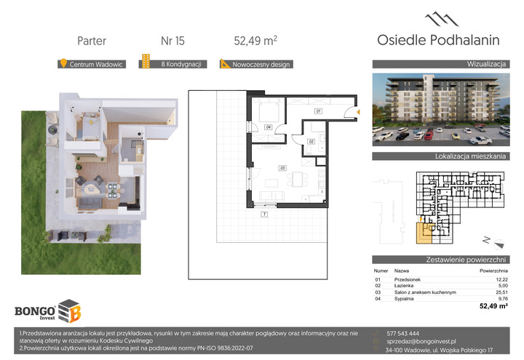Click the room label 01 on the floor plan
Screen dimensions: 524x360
pyautogui.click(x=319, y=111)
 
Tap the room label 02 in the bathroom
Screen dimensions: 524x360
pyautogui.click(x=311, y=142)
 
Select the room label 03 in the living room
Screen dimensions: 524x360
pyautogui.click(x=282, y=168)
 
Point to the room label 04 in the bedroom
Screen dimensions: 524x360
pyautogui.click(x=268, y=127)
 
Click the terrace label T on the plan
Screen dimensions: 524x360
pyautogui.click(x=264, y=215)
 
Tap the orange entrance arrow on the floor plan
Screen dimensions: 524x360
pyautogui.click(x=358, y=112)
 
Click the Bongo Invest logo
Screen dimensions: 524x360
pyautogui.click(x=48, y=311)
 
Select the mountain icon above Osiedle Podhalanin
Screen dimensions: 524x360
pyautogui.click(x=442, y=20)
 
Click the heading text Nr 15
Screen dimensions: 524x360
pyautogui.click(x=172, y=41)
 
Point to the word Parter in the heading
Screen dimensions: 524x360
pyautogui.click(x=92, y=41)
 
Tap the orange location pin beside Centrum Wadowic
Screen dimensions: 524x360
pyautogui.click(x=63, y=63)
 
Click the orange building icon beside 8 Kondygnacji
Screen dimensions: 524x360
pyautogui.click(x=146, y=61)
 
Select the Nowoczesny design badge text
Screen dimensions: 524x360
pyautogui.click(x=261, y=65)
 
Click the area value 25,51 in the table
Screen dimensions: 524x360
pyautogui.click(x=501, y=292)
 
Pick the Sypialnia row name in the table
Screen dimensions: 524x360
pyautogui.click(x=404, y=299)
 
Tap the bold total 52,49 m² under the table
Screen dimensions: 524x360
pyautogui.click(x=493, y=306)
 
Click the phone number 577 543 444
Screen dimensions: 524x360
pyautogui.click(x=402, y=333)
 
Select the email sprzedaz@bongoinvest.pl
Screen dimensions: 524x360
pyautogui.click(x=421, y=341)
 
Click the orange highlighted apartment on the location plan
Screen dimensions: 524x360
pyautogui.click(x=424, y=233)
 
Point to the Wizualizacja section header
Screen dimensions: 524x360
pyautogui.click(x=486, y=64)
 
